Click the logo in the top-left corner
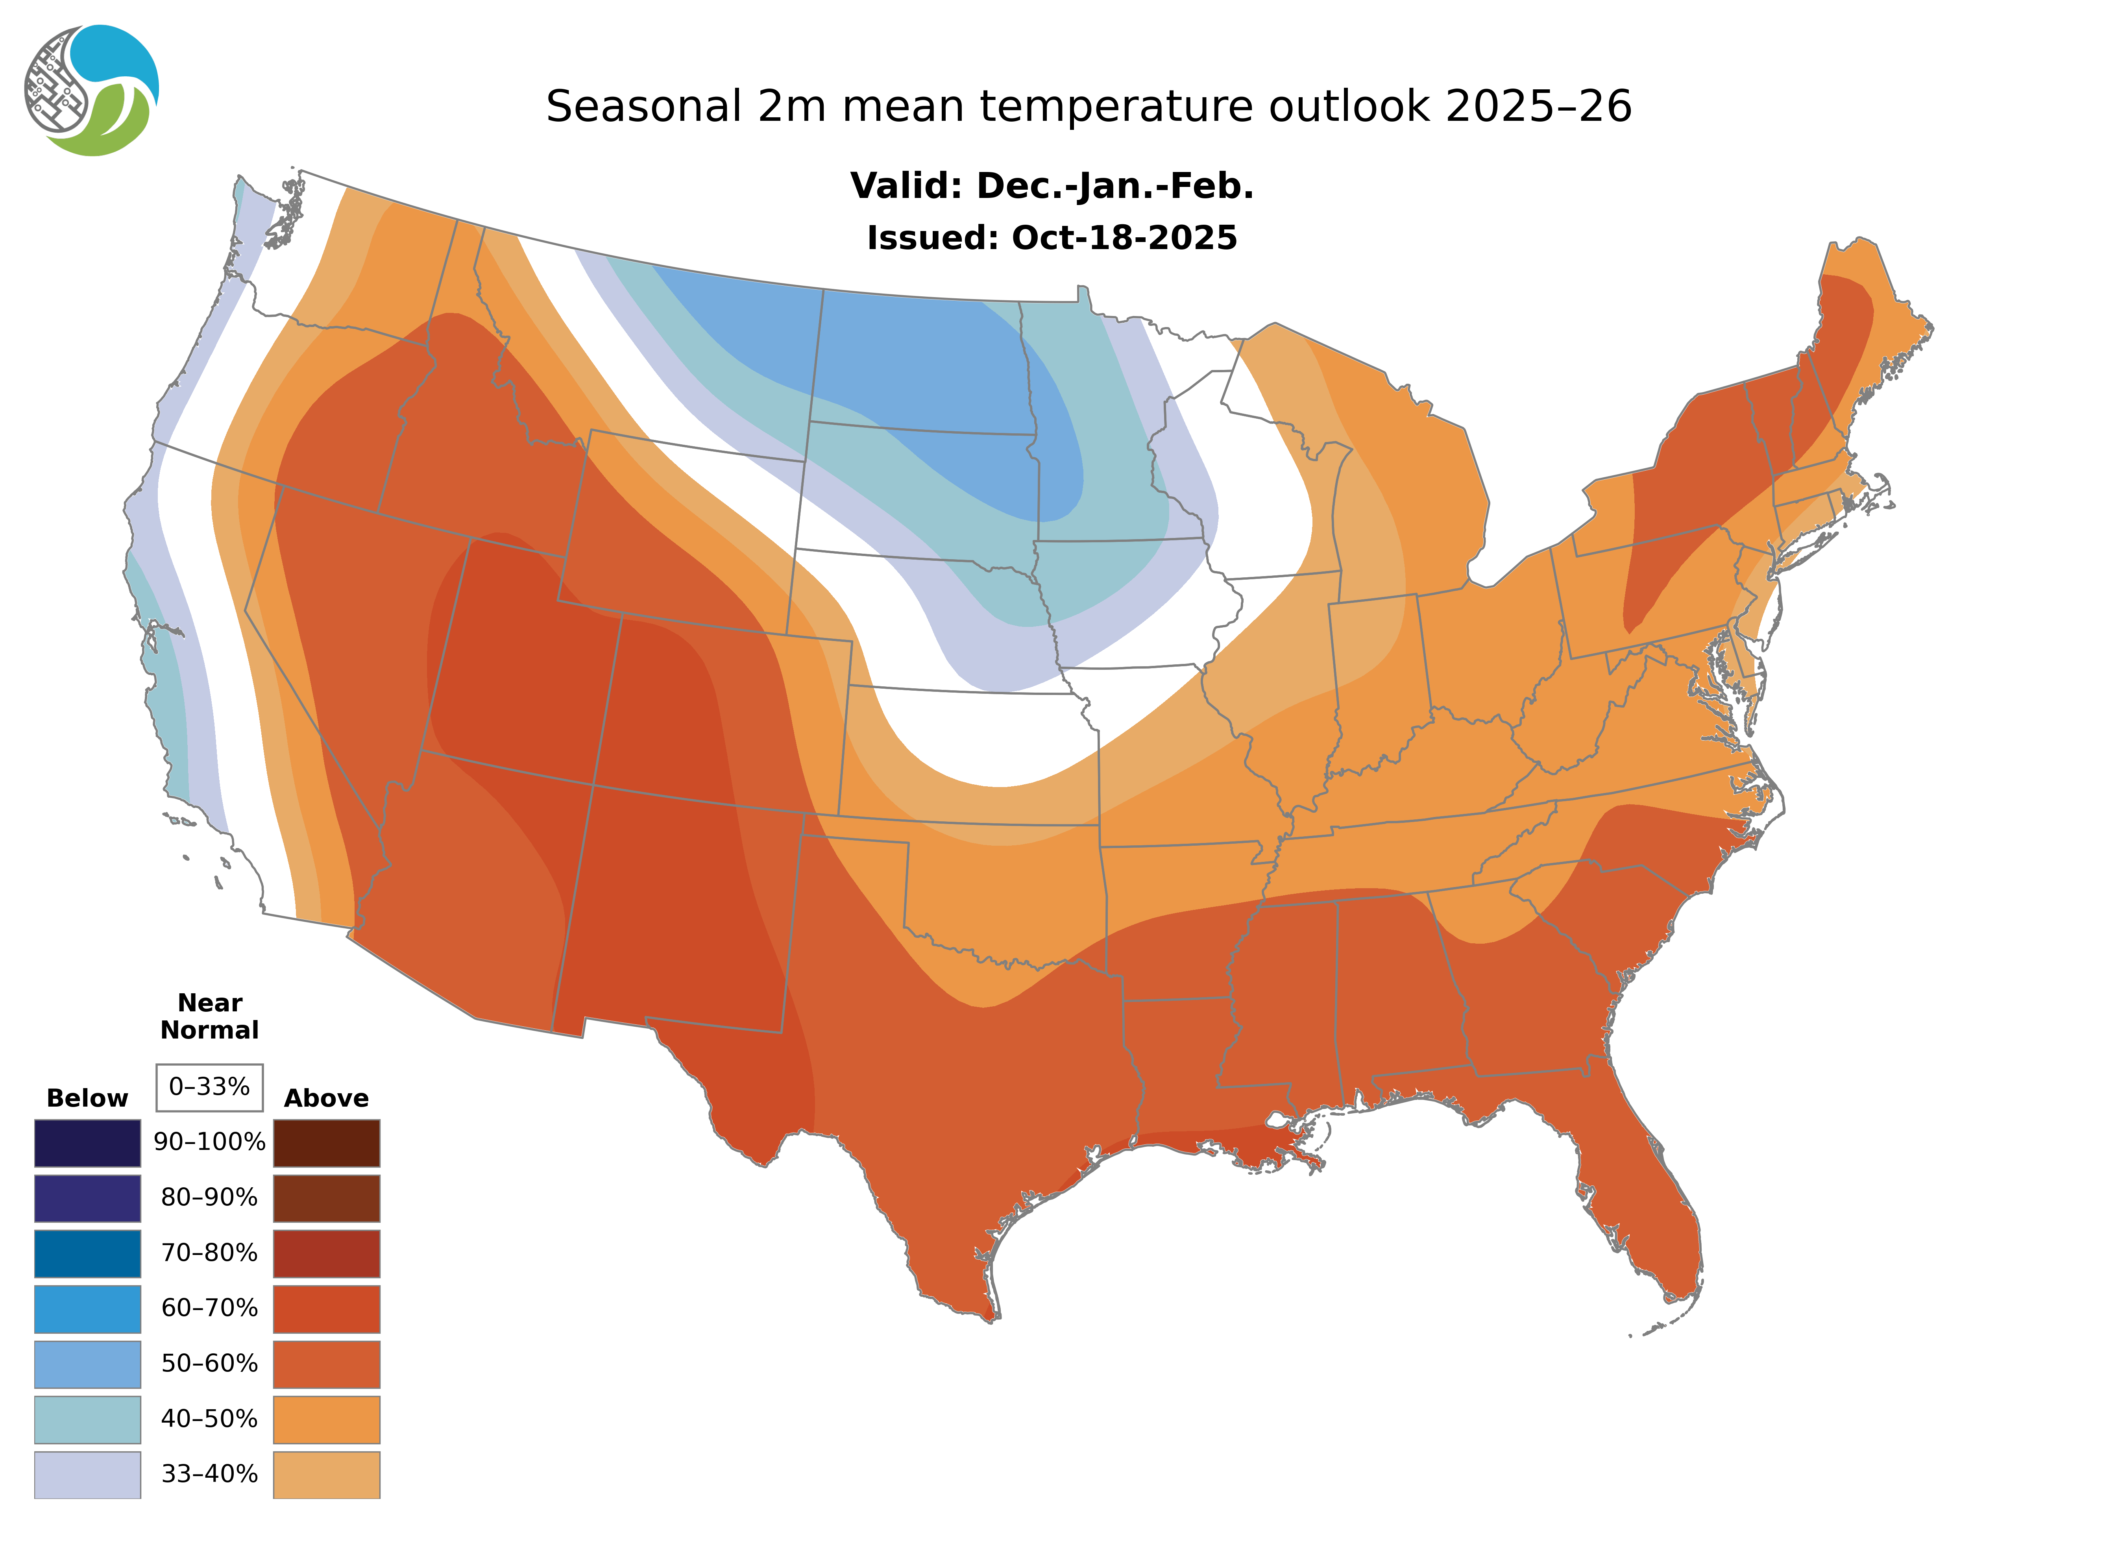point(92,91)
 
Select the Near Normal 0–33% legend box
point(209,1087)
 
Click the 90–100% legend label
point(209,1142)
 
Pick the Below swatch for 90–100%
point(88,1143)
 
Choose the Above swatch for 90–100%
point(326,1143)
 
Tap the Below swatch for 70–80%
point(88,1253)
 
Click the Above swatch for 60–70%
point(326,1308)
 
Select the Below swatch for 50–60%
point(88,1364)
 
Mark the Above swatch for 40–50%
point(326,1419)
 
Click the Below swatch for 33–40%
point(88,1474)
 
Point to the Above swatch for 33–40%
point(326,1474)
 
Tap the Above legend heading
point(326,1098)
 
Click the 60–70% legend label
point(209,1307)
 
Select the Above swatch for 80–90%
point(326,1198)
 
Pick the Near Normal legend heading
point(209,1016)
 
